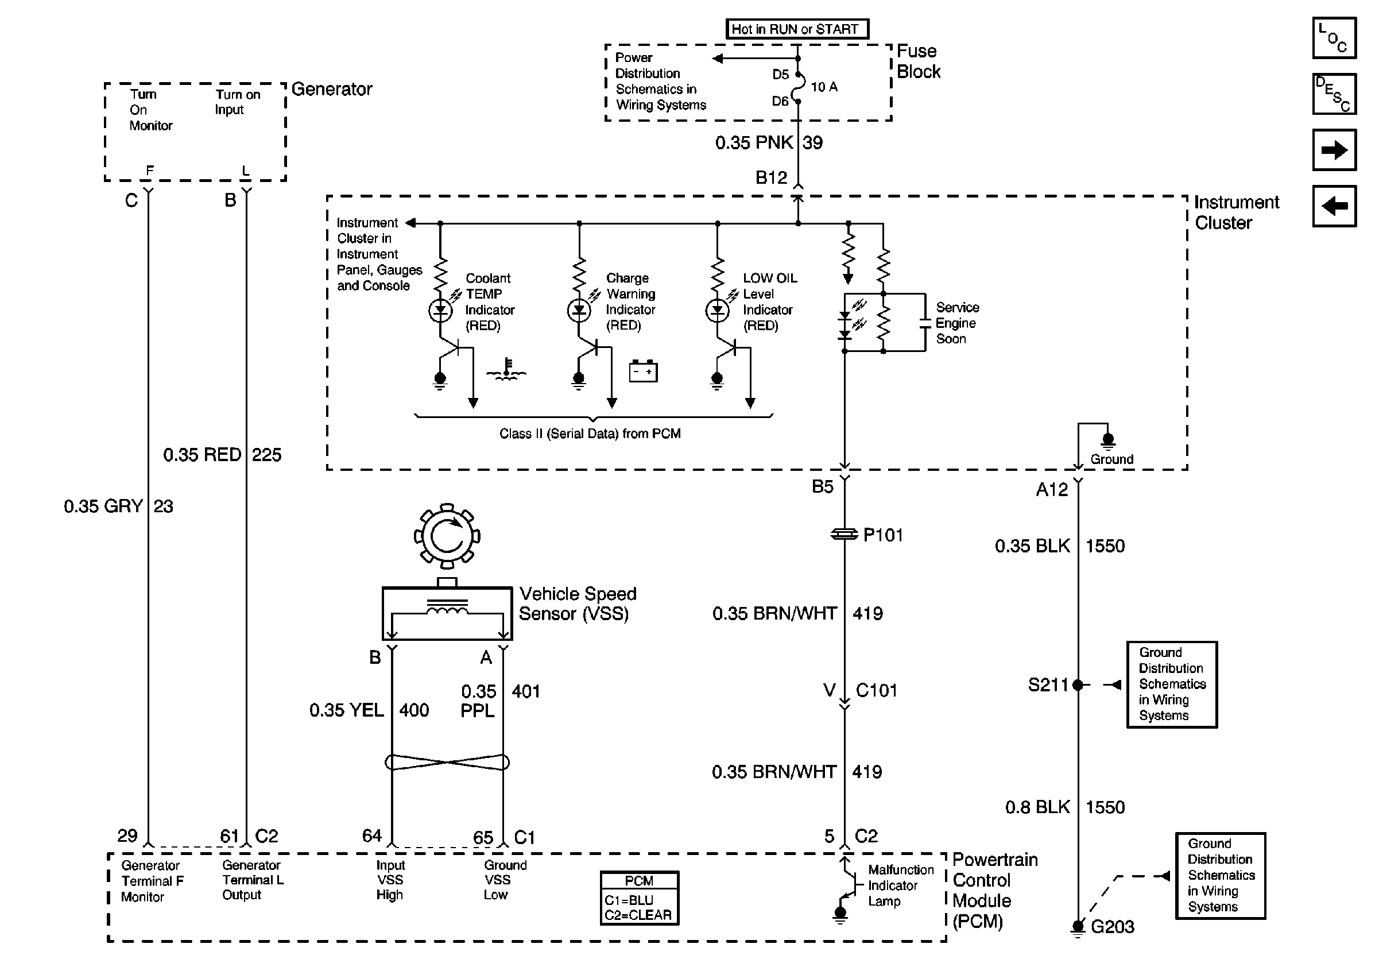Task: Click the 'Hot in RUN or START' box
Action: (796, 29)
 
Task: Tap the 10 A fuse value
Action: (824, 87)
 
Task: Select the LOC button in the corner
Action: (1334, 38)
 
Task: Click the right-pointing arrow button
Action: (1334, 150)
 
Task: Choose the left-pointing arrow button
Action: (1334, 206)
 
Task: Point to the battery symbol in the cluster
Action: (642, 371)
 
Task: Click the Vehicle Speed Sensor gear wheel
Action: (447, 536)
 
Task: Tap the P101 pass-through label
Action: (882, 535)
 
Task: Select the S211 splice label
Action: (1048, 684)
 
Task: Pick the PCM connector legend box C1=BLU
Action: (639, 899)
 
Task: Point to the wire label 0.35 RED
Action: (202, 455)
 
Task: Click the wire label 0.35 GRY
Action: (103, 506)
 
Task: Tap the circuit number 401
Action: (525, 691)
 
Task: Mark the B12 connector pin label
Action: (770, 178)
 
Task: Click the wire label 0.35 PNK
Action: (754, 143)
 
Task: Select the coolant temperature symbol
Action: (506, 370)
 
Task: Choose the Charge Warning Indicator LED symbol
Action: (579, 311)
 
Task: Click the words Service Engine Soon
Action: (957, 323)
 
